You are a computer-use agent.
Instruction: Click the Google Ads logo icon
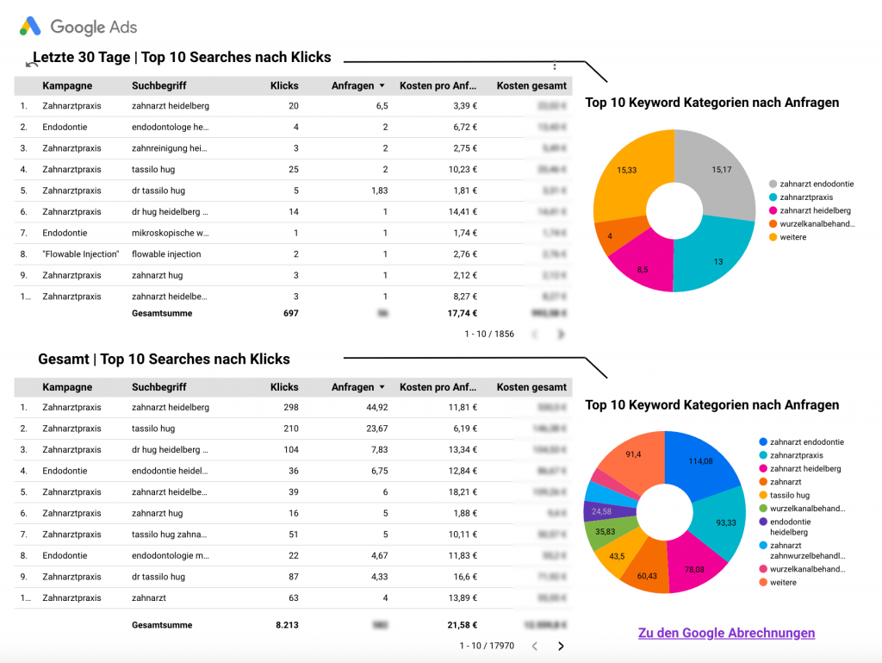click(x=31, y=27)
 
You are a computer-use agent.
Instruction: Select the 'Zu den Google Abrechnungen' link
click(x=726, y=633)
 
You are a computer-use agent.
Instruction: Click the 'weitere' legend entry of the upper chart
click(x=793, y=237)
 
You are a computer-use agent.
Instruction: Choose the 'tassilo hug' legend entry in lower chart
click(x=789, y=496)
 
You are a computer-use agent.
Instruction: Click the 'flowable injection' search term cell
click(x=166, y=254)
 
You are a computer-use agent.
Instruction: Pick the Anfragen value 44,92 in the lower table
click(x=376, y=408)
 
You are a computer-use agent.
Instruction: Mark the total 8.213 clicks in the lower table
click(x=286, y=625)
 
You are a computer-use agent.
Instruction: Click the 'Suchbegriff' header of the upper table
click(x=159, y=86)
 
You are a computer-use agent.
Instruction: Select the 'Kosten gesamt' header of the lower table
click(x=531, y=388)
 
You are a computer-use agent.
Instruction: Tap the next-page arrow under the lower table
click(x=562, y=646)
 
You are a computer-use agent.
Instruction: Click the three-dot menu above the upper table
click(x=555, y=66)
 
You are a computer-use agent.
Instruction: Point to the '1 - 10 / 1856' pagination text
click(x=489, y=334)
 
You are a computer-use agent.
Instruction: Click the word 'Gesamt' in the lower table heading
click(x=64, y=360)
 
